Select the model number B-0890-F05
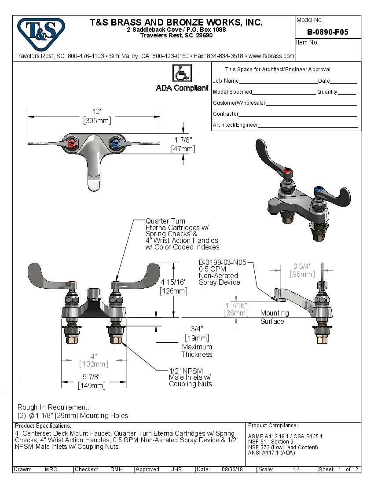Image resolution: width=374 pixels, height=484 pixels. pyautogui.click(x=327, y=32)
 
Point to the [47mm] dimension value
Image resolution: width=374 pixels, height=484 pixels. pyautogui.click(x=183, y=149)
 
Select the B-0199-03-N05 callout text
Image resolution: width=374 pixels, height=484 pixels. pyautogui.click(x=222, y=262)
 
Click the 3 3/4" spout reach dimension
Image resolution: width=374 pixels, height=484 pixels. pyautogui.click(x=302, y=266)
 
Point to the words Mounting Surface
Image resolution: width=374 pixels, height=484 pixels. pyautogui.click(x=274, y=317)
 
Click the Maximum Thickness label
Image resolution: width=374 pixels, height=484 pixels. pyautogui.click(x=197, y=351)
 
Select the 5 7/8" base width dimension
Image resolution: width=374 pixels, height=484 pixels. pyautogui.click(x=92, y=377)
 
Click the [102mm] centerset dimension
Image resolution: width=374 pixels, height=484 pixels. pyautogui.click(x=93, y=364)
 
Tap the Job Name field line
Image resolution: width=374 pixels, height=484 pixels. pyautogui.click(x=277, y=81)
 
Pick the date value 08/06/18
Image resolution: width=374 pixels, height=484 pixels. pyautogui.click(x=233, y=469)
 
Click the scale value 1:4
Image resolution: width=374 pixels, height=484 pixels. pyautogui.click(x=296, y=469)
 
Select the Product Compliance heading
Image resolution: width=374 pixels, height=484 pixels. pyautogui.click(x=273, y=425)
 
